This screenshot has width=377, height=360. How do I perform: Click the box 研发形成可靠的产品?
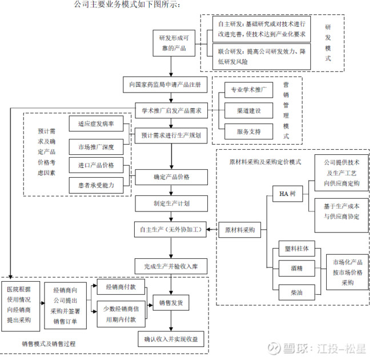pos(172,44)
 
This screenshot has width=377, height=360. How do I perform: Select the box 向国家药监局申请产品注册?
pos(166,85)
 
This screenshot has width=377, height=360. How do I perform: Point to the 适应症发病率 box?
pos(95,123)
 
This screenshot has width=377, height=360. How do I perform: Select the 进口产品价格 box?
pos(96,165)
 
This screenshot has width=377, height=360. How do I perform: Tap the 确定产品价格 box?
pos(171,177)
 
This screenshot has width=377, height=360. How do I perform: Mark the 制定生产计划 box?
pos(171,203)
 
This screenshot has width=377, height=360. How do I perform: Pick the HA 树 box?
pos(288,194)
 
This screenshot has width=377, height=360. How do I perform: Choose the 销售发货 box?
pos(171,302)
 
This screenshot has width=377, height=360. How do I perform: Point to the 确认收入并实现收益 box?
pos(171,339)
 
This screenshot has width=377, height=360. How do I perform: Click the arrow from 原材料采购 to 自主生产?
pos(213,230)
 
